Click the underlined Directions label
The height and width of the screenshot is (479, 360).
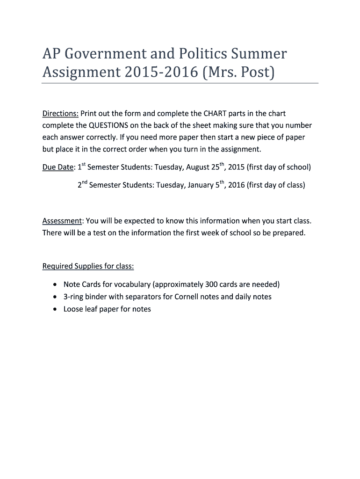(x=60, y=114)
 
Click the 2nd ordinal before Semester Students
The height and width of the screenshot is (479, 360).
(x=82, y=184)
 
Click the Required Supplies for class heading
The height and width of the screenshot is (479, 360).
(x=88, y=266)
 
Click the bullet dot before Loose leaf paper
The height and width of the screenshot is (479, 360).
(x=56, y=309)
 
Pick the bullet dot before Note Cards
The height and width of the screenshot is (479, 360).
(x=56, y=284)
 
